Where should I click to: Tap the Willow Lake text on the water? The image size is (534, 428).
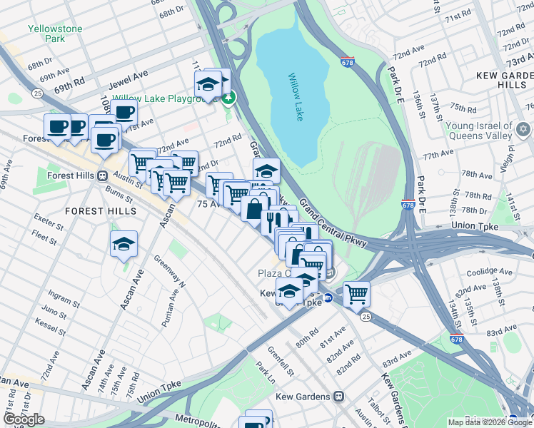(295, 96)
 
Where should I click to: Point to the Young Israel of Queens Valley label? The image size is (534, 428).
(479, 131)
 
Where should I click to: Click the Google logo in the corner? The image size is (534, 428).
(24, 419)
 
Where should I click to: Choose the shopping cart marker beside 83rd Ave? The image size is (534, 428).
(356, 292)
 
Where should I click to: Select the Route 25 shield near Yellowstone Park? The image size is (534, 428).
(36, 92)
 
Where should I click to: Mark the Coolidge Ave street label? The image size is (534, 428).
(489, 272)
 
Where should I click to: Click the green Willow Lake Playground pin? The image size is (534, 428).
(228, 98)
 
